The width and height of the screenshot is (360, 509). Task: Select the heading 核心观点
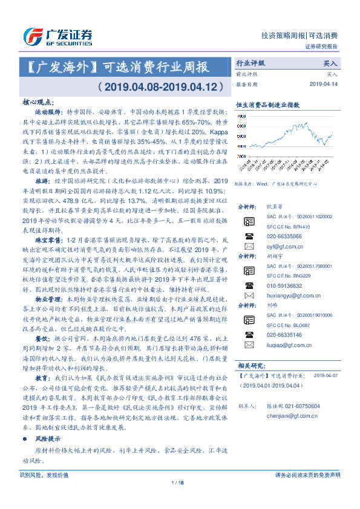37,103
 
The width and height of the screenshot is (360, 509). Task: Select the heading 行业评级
250,63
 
